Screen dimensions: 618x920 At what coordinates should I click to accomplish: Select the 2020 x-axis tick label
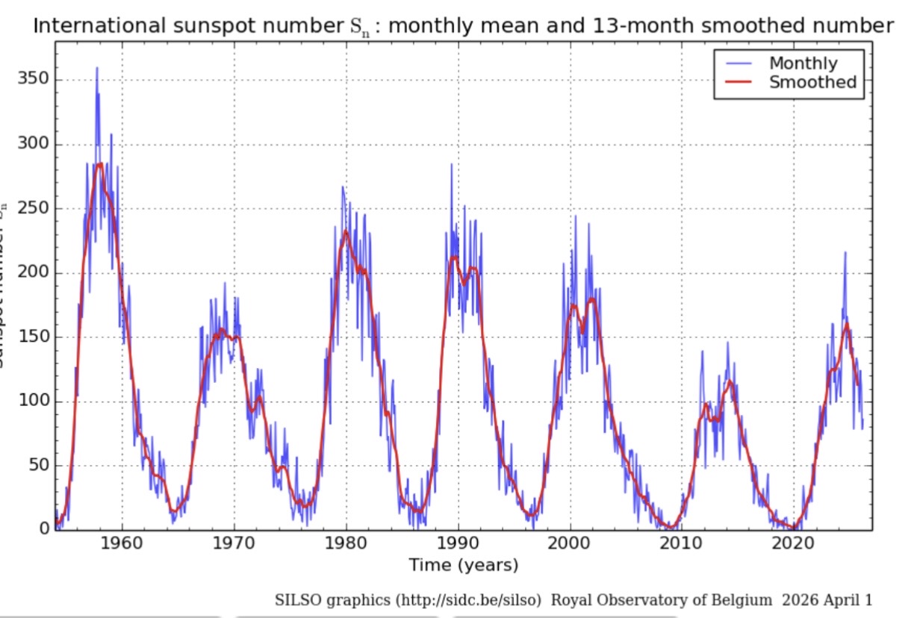794,543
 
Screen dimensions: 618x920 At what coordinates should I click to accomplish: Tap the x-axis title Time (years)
463,565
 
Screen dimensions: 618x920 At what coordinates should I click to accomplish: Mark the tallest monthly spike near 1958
96,68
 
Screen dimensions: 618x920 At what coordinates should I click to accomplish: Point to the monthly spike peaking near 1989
451,164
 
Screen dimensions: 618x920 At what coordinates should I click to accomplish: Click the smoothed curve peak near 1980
346,232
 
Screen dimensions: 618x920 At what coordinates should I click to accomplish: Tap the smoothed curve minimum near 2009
671,527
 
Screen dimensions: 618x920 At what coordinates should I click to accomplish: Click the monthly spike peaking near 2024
845,252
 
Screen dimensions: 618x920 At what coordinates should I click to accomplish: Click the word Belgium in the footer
740,600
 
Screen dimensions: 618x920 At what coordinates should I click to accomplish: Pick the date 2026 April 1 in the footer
827,600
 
